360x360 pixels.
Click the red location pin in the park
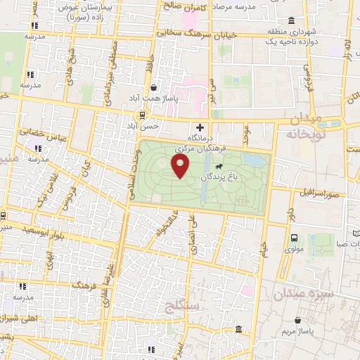tap(181, 166)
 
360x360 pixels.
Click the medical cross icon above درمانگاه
tap(200, 127)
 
